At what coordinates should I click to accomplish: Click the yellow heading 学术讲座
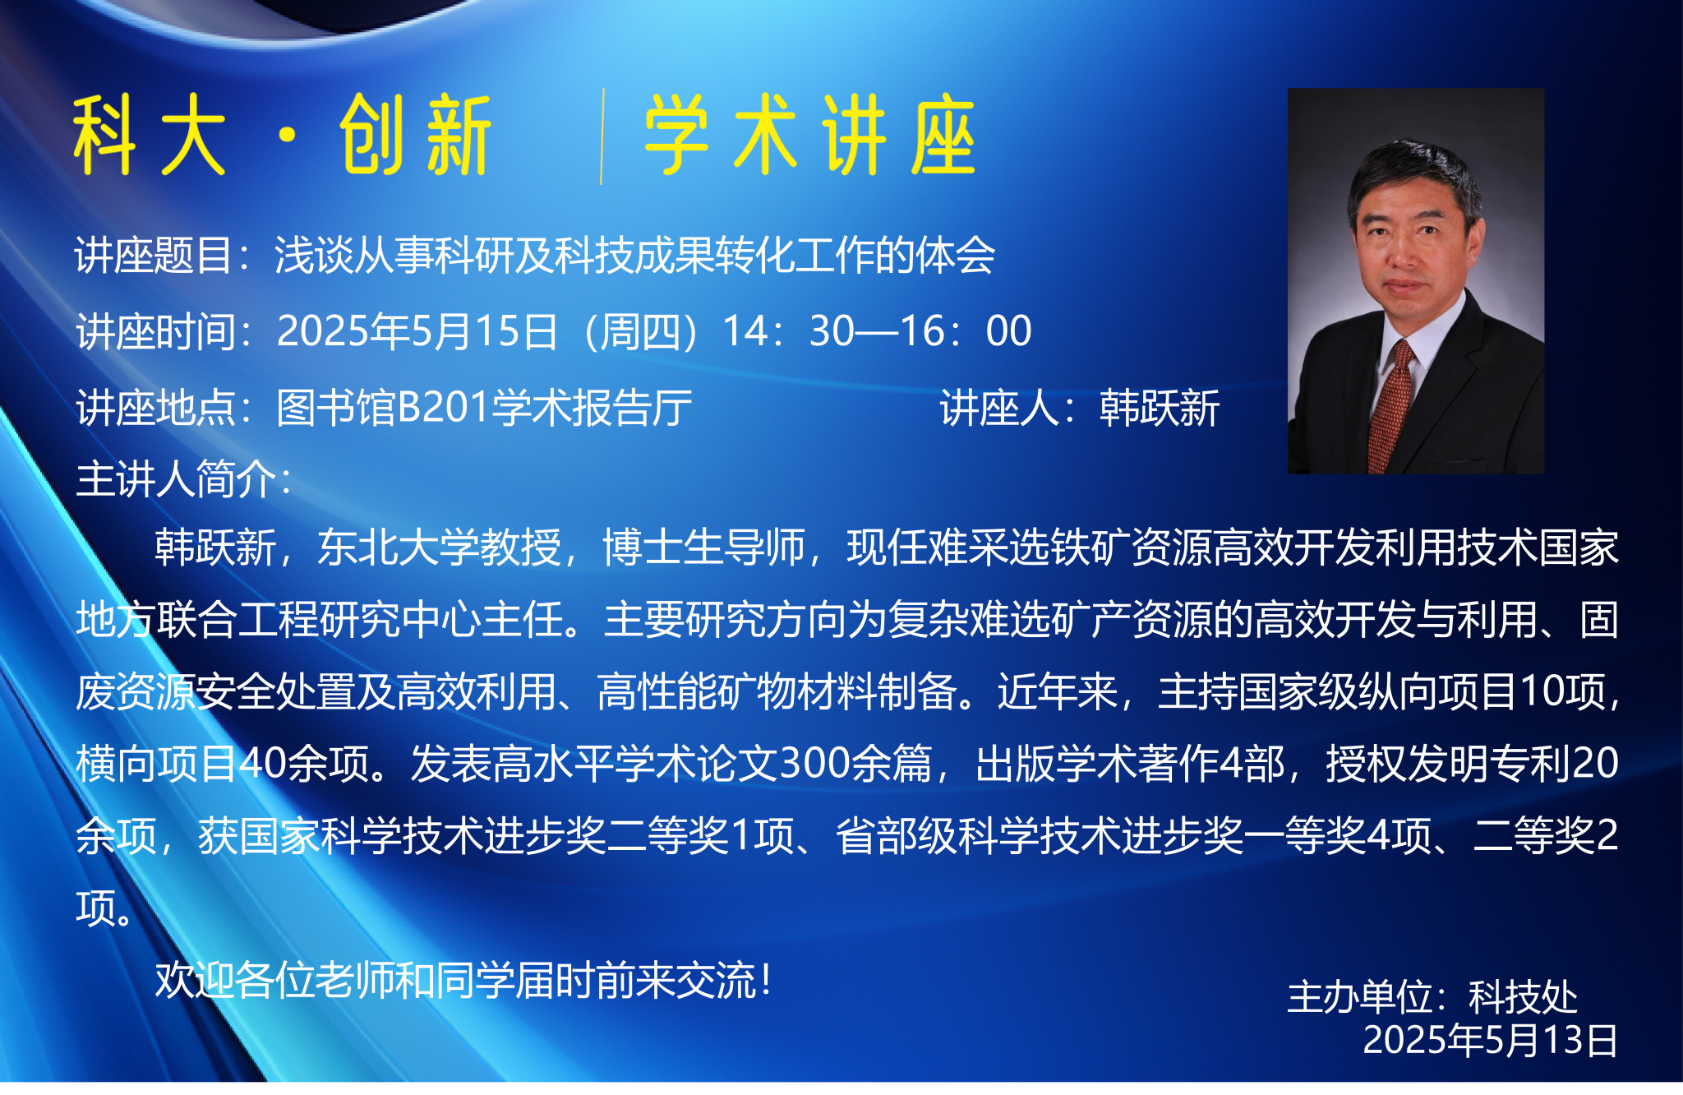click(x=809, y=135)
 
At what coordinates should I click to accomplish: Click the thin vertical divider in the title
click(x=602, y=136)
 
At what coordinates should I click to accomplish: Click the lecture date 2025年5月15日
click(x=417, y=331)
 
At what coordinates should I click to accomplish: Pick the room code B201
click(x=444, y=408)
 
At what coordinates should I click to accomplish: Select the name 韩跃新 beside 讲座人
click(x=1160, y=408)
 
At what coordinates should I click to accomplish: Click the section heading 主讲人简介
click(x=176, y=478)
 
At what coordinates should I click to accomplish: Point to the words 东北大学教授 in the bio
click(x=439, y=547)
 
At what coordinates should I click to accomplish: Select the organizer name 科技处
click(x=1523, y=997)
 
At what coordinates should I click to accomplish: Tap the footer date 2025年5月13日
click(x=1491, y=1040)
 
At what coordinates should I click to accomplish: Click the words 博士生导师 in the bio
click(x=703, y=547)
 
